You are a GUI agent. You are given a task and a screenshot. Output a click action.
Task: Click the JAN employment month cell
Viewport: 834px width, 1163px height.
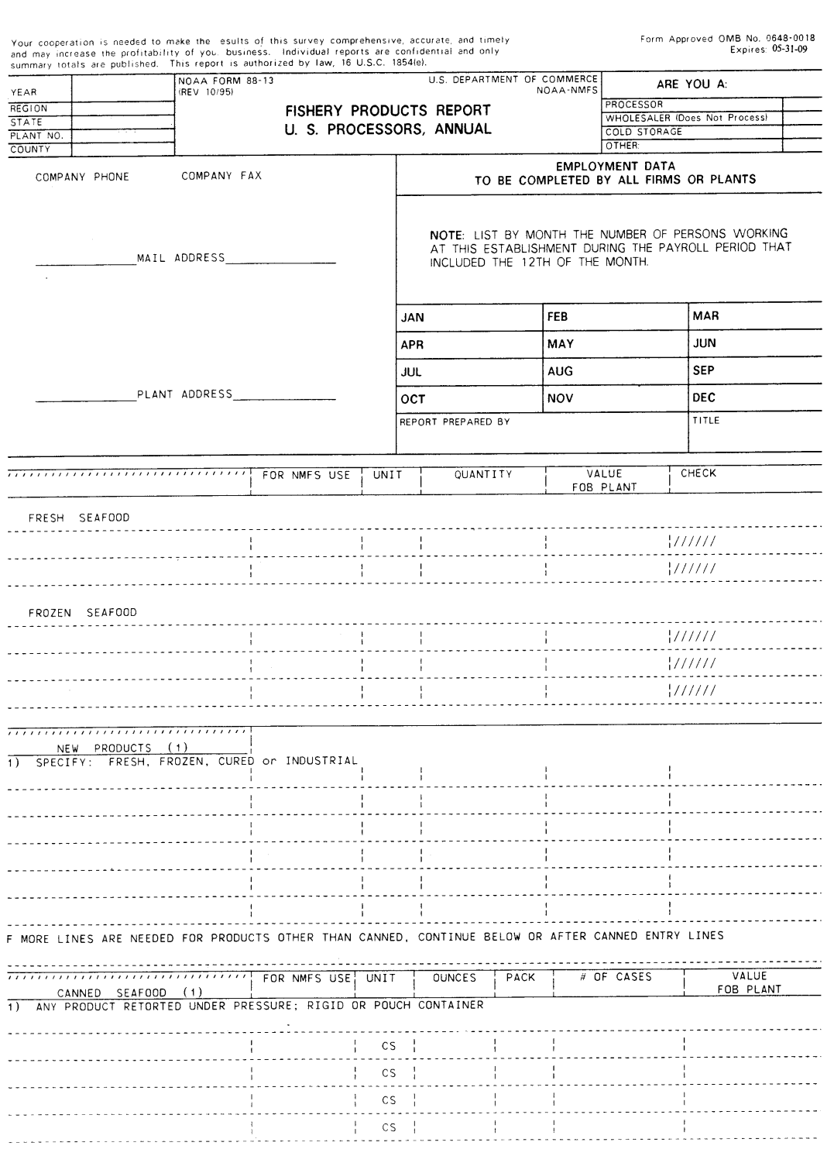click(413, 318)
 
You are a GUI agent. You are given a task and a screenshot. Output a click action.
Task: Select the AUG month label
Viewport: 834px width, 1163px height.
click(560, 371)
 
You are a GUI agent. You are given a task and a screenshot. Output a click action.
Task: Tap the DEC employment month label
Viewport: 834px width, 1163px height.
click(704, 398)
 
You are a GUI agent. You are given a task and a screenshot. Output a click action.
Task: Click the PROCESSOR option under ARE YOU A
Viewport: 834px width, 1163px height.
click(634, 105)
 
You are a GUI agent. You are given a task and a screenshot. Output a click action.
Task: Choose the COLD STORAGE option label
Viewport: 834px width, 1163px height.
click(644, 132)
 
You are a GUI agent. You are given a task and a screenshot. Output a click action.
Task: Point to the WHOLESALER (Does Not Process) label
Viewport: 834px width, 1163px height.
click(686, 118)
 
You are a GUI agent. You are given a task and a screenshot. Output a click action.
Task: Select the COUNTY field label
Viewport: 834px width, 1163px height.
click(30, 150)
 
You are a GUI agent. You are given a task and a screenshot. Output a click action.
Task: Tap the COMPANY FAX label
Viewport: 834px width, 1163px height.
click(221, 176)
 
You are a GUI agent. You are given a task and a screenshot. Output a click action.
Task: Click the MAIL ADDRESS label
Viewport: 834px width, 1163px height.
click(181, 258)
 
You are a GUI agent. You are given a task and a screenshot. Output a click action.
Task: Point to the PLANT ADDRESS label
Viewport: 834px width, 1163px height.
click(184, 394)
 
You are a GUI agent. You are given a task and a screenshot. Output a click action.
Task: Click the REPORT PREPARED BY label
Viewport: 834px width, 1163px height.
click(455, 422)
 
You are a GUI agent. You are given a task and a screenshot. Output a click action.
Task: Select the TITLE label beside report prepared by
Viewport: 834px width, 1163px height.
click(706, 421)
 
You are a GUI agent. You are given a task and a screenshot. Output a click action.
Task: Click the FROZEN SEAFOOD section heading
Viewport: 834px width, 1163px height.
click(82, 613)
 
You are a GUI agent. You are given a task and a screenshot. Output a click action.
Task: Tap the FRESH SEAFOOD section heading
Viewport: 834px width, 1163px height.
click(79, 518)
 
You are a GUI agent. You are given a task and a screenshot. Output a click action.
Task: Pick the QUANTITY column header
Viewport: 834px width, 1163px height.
click(483, 474)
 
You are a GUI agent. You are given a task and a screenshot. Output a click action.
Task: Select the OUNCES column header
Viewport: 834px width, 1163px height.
click(455, 978)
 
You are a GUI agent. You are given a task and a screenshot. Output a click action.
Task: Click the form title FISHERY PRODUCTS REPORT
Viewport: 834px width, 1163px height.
click(387, 111)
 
